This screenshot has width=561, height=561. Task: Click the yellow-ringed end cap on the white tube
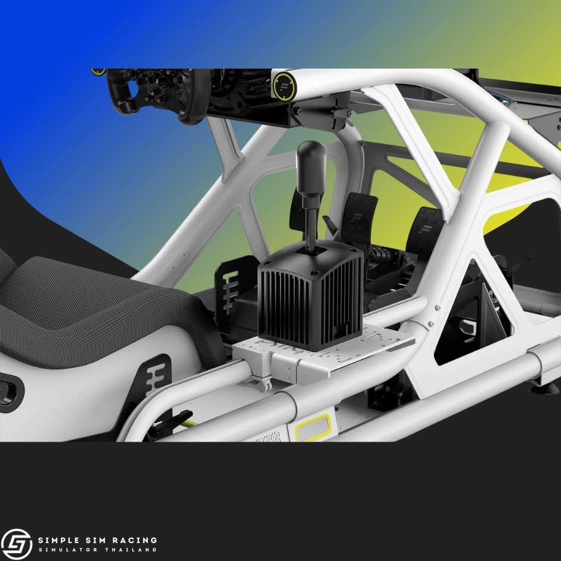285,86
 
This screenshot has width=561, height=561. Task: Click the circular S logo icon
17,544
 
